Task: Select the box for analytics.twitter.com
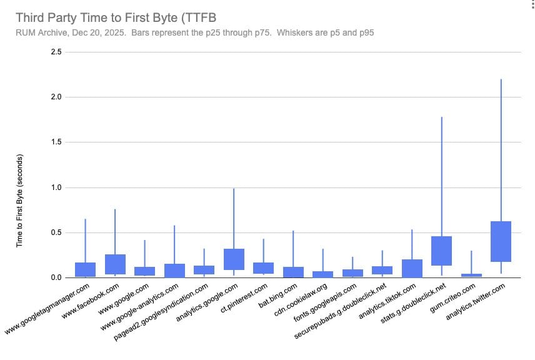pos(501,241)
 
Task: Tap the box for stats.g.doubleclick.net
pos(442,251)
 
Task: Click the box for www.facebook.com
pos(115,264)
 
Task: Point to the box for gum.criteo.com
pos(471,275)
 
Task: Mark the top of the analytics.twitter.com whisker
pos(501,79)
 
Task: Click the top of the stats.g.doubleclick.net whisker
pos(442,117)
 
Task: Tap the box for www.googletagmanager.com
pos(85,269)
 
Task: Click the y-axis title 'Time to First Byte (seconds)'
pos(19,199)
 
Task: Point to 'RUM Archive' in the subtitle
pos(39,32)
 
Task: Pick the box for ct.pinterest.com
pos(263,268)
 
